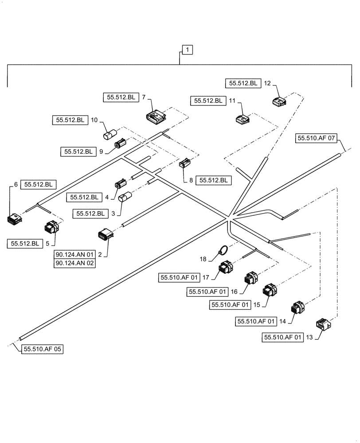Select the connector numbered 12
pos(279,102)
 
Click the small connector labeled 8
pos(185,163)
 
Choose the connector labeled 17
pos(226,269)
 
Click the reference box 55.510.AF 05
pos(42,350)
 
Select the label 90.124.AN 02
pos(75,263)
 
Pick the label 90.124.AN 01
pos(75,255)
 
